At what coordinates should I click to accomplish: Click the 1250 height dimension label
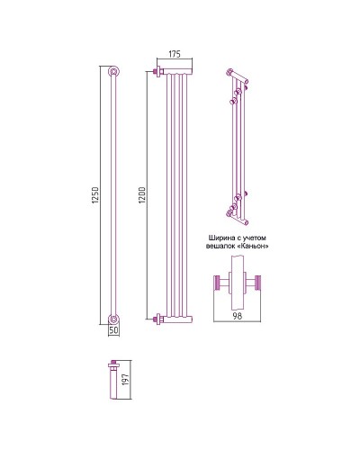[95, 195]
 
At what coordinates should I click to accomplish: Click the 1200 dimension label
[142, 195]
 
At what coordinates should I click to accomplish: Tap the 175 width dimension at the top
[175, 54]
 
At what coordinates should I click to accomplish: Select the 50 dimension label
[114, 329]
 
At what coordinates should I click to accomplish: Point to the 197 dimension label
[126, 380]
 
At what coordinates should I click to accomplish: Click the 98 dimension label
[238, 316]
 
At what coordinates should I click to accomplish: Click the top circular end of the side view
[113, 71]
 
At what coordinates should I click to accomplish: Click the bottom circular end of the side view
[113, 319]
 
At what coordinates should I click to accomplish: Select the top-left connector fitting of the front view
[158, 72]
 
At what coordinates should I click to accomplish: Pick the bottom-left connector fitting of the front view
[158, 319]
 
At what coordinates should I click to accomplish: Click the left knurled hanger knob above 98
[217, 283]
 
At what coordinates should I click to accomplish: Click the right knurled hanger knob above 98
[257, 283]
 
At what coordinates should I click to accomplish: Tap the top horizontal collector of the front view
[177, 71]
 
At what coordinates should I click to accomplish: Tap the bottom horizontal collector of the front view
[177, 319]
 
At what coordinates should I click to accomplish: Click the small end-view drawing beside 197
[113, 380]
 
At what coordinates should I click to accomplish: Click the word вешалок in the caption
[219, 247]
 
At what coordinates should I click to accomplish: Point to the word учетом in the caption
[255, 238]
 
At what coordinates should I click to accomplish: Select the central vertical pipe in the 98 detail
[238, 283]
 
